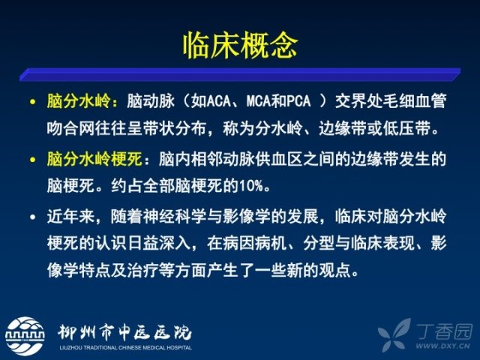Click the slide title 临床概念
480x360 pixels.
point(240,46)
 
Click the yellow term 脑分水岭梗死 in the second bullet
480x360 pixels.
point(94,159)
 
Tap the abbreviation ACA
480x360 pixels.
point(218,101)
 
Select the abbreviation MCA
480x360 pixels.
point(259,101)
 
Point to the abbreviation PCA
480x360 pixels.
point(298,101)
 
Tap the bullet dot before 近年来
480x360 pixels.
point(33,217)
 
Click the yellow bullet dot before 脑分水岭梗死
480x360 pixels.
point(33,160)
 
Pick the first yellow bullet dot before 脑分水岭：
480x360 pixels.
point(33,102)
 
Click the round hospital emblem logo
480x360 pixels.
point(25,336)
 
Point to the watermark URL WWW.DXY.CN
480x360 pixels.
point(442,346)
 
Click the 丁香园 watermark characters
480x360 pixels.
point(445,331)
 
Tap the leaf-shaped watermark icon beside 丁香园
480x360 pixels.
point(395,334)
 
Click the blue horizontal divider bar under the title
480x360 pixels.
point(240,74)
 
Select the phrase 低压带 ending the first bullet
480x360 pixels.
point(406,128)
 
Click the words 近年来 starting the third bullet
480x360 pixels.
point(70,217)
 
